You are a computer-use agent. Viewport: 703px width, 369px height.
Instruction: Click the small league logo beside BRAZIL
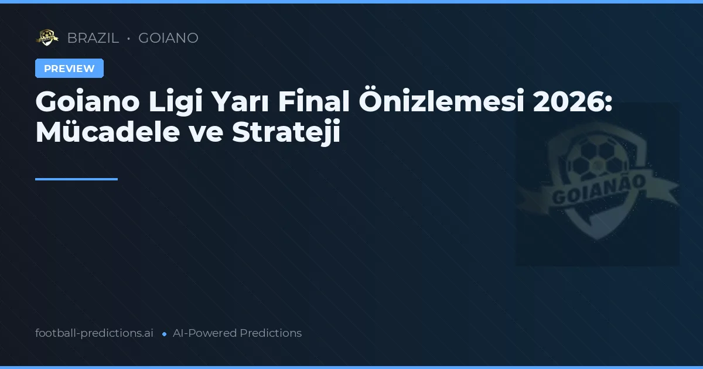click(47, 38)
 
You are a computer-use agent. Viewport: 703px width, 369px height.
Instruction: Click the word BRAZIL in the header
click(93, 38)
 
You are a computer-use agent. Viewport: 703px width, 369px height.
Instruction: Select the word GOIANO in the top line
click(168, 38)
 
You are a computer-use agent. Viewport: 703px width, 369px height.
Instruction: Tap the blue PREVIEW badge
click(69, 69)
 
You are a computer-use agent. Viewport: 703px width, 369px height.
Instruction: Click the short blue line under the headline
click(76, 179)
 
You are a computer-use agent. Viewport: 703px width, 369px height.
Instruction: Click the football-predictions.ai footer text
click(94, 333)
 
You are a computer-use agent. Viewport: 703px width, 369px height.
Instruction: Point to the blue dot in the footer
click(164, 334)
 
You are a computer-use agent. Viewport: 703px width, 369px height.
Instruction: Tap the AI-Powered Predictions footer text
click(237, 333)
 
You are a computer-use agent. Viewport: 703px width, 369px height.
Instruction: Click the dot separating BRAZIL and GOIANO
click(128, 39)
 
